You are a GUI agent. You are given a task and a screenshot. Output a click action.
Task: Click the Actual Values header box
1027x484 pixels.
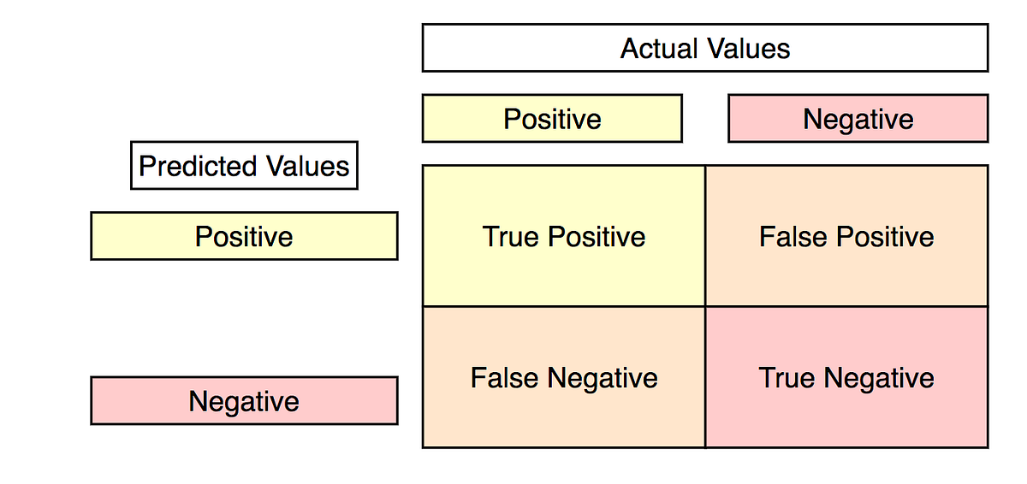(x=704, y=48)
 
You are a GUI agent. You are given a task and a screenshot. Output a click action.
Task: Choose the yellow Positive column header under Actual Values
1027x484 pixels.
(x=552, y=118)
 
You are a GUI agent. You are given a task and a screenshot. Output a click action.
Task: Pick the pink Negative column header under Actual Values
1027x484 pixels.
(x=858, y=118)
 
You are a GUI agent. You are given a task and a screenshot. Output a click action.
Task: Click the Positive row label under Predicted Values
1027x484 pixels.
(x=244, y=236)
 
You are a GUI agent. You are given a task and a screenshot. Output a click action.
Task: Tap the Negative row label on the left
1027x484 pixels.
(x=244, y=400)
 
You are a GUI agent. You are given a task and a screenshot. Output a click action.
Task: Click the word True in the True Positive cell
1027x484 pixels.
(x=511, y=236)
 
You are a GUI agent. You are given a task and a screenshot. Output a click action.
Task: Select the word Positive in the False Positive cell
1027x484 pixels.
(x=885, y=236)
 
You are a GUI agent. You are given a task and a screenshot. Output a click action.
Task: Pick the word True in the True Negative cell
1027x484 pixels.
(x=787, y=378)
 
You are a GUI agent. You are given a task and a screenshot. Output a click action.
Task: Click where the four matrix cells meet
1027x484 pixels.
(x=705, y=306)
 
